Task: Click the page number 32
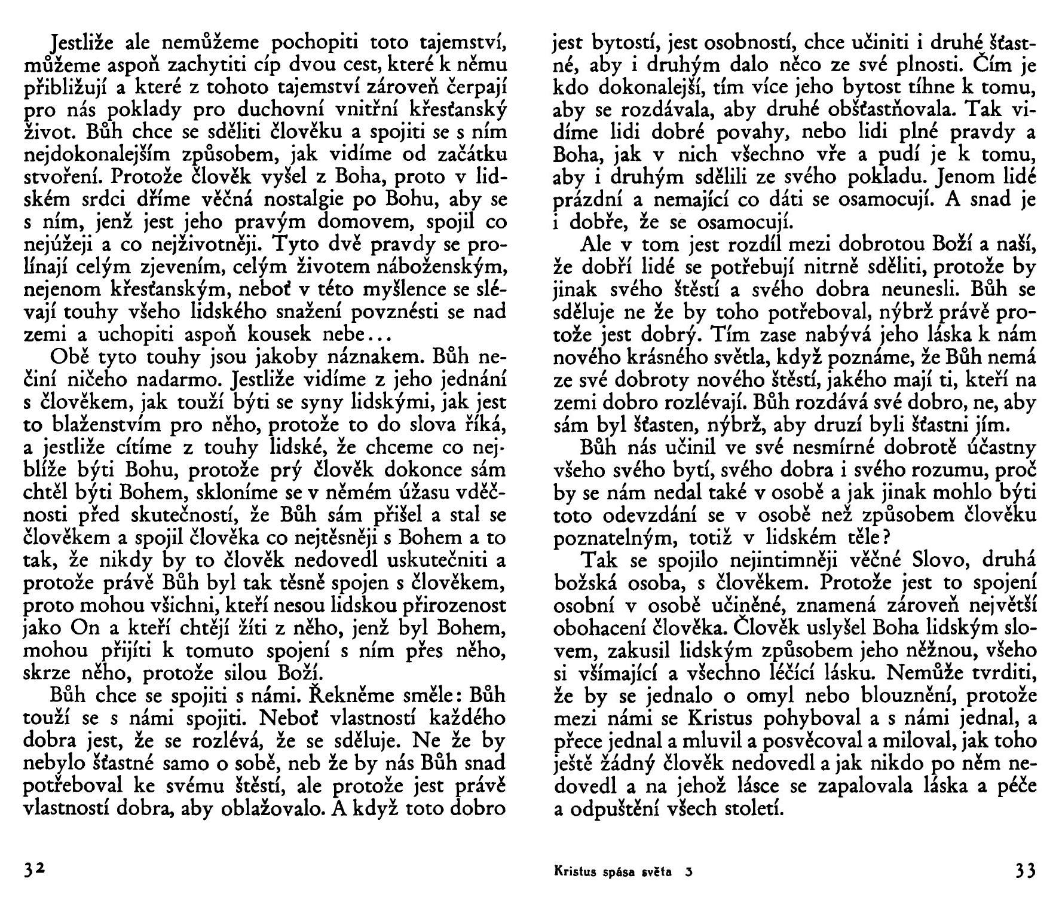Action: tap(35, 869)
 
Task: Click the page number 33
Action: tap(1026, 871)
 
